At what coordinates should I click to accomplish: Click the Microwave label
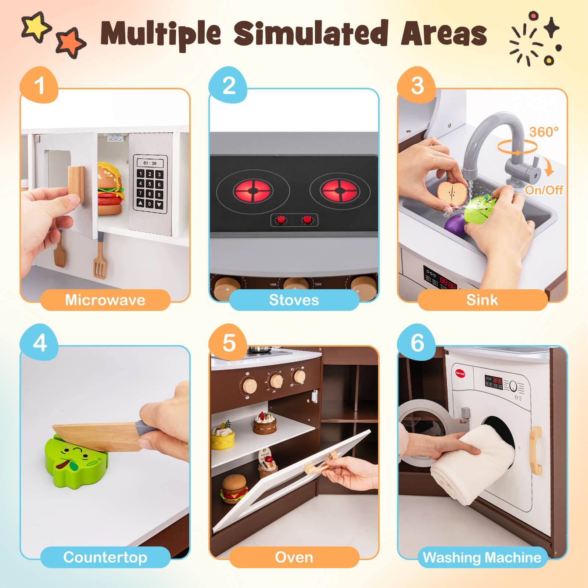pos(105,300)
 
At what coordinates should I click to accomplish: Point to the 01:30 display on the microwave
pos(150,163)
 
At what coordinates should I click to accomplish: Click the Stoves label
pos(294,300)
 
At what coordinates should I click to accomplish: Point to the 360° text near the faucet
pos(544,132)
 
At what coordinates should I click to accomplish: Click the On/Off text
pos(544,190)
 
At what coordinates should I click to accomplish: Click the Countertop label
pos(105,557)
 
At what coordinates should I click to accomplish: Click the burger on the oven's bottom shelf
pos(233,488)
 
